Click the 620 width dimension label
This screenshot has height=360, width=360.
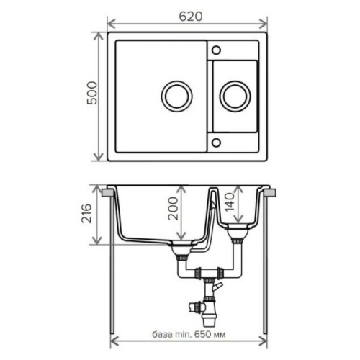pos(191,17)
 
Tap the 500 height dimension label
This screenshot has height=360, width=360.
pos(92,93)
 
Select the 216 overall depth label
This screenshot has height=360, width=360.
pos(86,213)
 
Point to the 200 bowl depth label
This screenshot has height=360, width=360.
pos(173,208)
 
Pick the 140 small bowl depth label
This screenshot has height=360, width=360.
pos(230,202)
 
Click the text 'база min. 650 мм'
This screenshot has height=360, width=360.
pos(189,334)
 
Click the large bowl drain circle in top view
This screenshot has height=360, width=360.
pos(177,96)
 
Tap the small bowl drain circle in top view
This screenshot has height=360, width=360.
pos(235,96)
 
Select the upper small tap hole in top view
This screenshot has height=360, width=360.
pos(216,50)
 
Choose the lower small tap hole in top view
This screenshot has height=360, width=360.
pos(216,143)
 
